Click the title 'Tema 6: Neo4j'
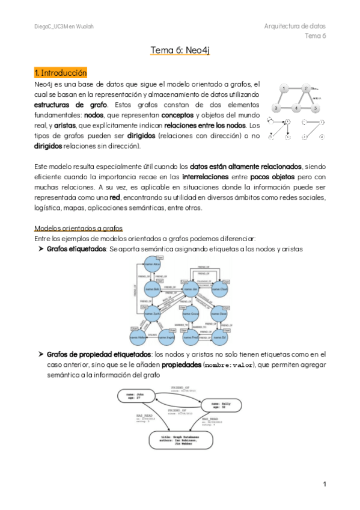pos(180,52)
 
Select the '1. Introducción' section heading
pos(61,73)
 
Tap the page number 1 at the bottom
pos(324,484)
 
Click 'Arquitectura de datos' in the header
pos(294,26)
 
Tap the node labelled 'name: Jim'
pos(191,289)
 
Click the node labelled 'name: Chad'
pos(220,289)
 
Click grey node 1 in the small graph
pos(284,88)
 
